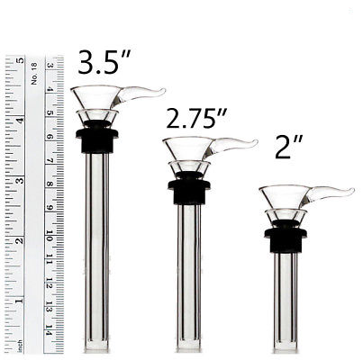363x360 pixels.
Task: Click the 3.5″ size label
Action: [x=104, y=62]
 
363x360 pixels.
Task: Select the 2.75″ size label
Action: [x=196, y=119]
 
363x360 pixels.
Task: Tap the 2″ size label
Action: [x=288, y=147]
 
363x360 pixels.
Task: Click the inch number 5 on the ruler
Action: [x=20, y=61]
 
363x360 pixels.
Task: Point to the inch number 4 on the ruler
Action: [x=20, y=121]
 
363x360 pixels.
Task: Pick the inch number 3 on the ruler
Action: [x=20, y=181]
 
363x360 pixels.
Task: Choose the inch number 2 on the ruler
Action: [x=20, y=240]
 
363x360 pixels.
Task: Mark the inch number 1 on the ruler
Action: [x=20, y=301]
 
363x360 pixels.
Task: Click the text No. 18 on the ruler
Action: [x=34, y=74]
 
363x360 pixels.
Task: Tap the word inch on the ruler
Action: [x=20, y=346]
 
